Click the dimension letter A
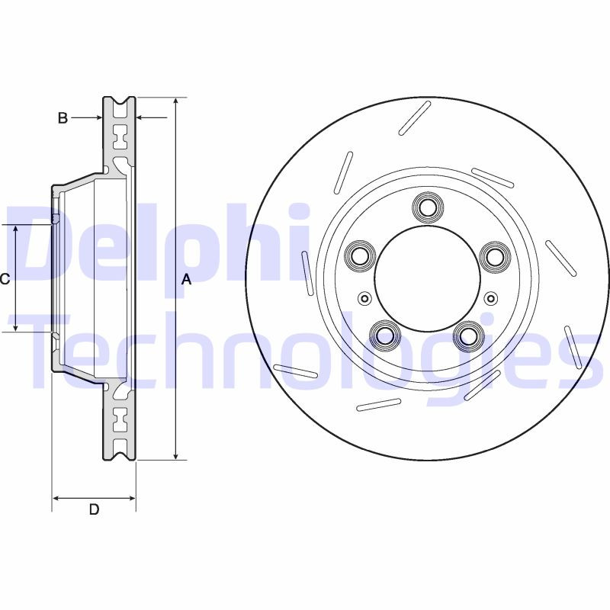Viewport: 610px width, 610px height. (186, 280)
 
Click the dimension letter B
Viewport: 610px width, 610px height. (63, 117)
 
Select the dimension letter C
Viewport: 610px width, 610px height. (5, 280)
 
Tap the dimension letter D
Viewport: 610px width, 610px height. (94, 510)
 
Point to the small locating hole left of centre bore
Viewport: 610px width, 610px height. (364, 298)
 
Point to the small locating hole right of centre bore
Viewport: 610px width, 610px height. (489, 298)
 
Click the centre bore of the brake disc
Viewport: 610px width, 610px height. (426, 278)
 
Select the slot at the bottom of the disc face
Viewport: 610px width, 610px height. (379, 405)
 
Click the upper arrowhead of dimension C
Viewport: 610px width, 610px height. (17, 230)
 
